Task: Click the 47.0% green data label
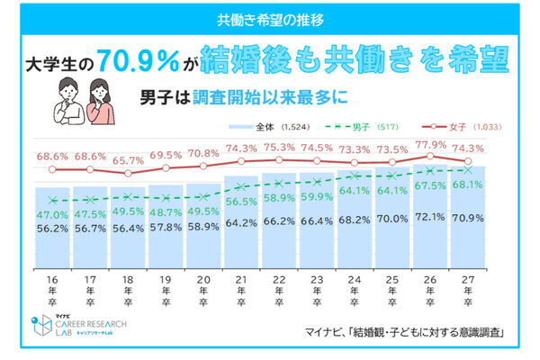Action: point(52,215)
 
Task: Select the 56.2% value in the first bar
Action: point(52,229)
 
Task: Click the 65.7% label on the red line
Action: point(128,157)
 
